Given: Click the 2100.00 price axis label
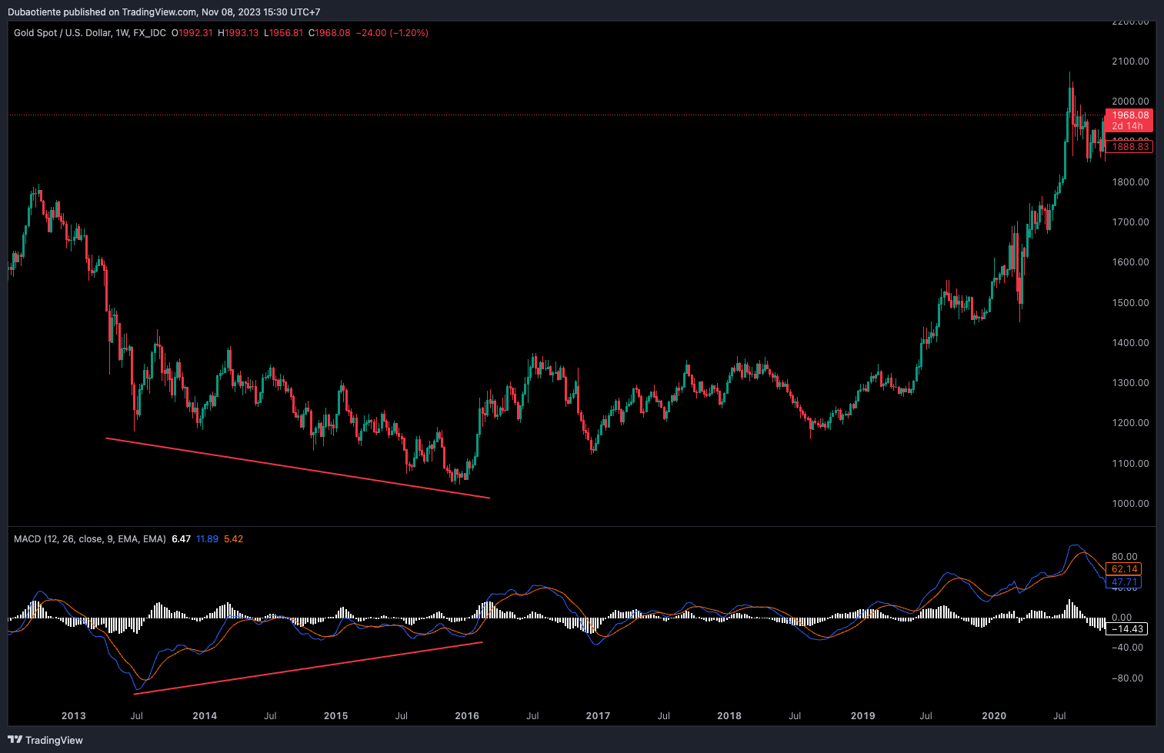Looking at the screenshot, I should tap(1130, 62).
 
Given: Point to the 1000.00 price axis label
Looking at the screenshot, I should tap(1130, 504).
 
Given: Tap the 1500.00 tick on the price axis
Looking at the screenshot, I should tap(1130, 303).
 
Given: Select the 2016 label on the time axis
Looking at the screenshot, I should tap(467, 716).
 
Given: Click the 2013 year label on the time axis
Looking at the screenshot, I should tap(74, 716).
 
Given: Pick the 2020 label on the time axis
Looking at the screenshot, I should tap(994, 716).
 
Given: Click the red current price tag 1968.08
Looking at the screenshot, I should tap(1129, 115).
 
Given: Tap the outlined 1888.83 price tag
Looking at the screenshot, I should tap(1129, 147).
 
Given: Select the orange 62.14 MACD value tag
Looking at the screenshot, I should tap(1124, 569).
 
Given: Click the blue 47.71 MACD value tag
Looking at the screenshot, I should tap(1124, 582).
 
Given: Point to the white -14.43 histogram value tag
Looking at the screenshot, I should tap(1126, 629).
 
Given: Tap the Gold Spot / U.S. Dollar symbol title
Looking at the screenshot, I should tap(62, 33).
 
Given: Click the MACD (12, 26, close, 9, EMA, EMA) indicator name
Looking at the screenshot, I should tap(89, 539).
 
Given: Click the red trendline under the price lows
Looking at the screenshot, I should tap(297, 468).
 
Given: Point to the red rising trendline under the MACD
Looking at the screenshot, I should tap(308, 668).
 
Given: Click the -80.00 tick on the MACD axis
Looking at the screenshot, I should tap(1127, 678).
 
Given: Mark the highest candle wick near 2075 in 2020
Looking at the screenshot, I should tap(1069, 74).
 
